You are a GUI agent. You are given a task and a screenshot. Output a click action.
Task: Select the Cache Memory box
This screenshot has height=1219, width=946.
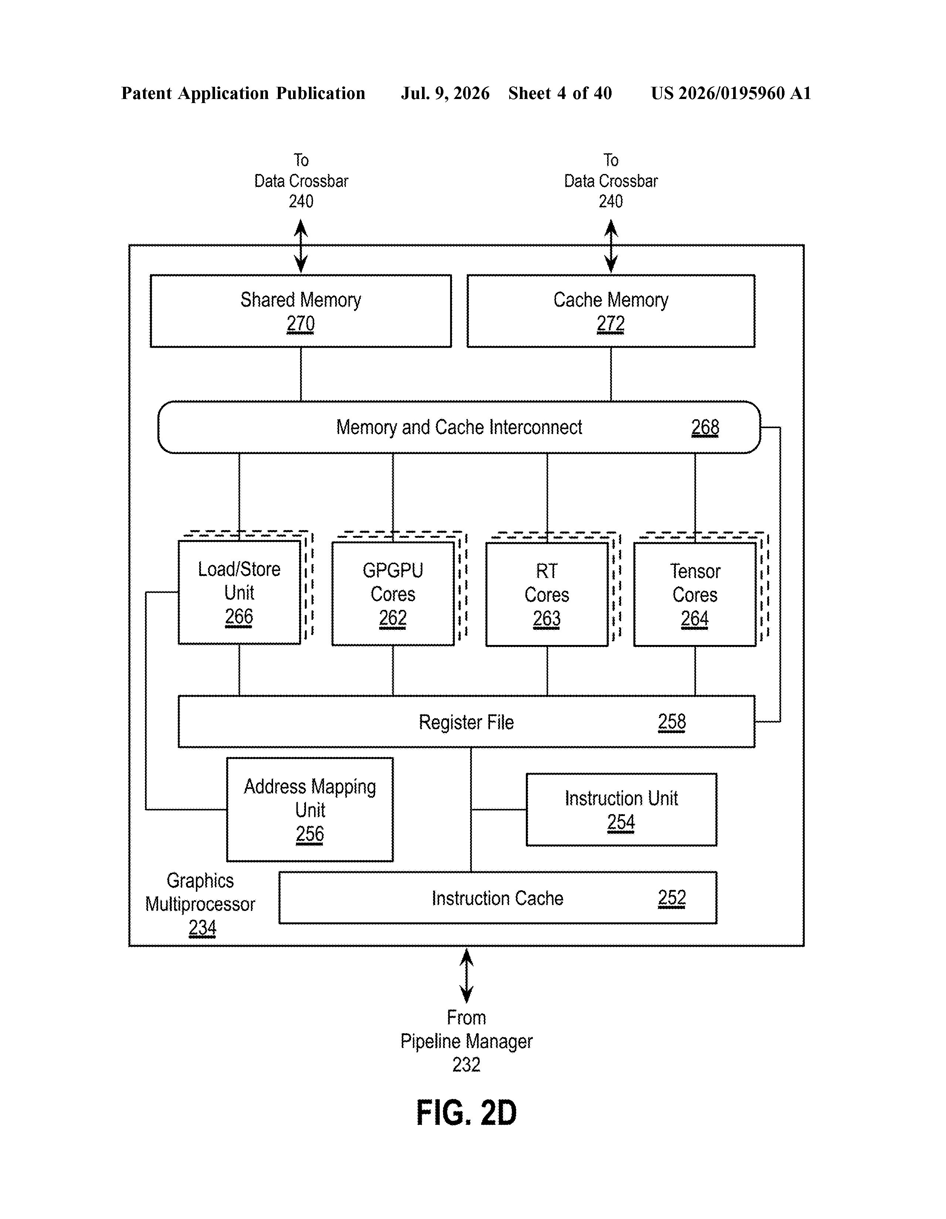[x=611, y=311]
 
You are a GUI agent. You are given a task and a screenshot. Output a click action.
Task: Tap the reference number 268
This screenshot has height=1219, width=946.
[x=705, y=427]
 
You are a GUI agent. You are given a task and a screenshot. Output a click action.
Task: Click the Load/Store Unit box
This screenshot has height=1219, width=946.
[x=239, y=592]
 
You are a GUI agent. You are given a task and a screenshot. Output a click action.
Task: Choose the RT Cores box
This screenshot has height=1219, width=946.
[x=547, y=594]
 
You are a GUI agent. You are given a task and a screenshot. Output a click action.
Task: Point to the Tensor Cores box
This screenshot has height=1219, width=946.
[x=695, y=594]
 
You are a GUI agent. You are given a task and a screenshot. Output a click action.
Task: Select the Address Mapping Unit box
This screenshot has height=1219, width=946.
[x=310, y=809]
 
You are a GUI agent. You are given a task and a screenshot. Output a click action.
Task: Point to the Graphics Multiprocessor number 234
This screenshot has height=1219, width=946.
[x=202, y=928]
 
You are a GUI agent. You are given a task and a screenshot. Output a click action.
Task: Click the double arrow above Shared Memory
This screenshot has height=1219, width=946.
[x=301, y=246]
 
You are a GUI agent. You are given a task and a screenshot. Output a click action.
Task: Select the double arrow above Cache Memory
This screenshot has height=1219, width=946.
[x=611, y=246]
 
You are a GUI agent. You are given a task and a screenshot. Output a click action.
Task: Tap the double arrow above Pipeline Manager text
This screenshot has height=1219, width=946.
[x=466, y=977]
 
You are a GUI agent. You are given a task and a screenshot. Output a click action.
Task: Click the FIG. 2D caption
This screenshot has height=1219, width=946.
[x=466, y=1113]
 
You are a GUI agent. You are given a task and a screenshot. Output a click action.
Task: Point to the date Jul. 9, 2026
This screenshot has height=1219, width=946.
[x=445, y=93]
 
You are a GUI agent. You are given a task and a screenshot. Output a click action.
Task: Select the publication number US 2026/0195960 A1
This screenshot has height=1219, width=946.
[x=731, y=93]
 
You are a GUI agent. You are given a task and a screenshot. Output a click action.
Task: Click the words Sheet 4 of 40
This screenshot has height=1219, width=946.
[x=560, y=93]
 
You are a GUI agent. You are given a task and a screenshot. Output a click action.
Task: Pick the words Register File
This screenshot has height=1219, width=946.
[x=466, y=722]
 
